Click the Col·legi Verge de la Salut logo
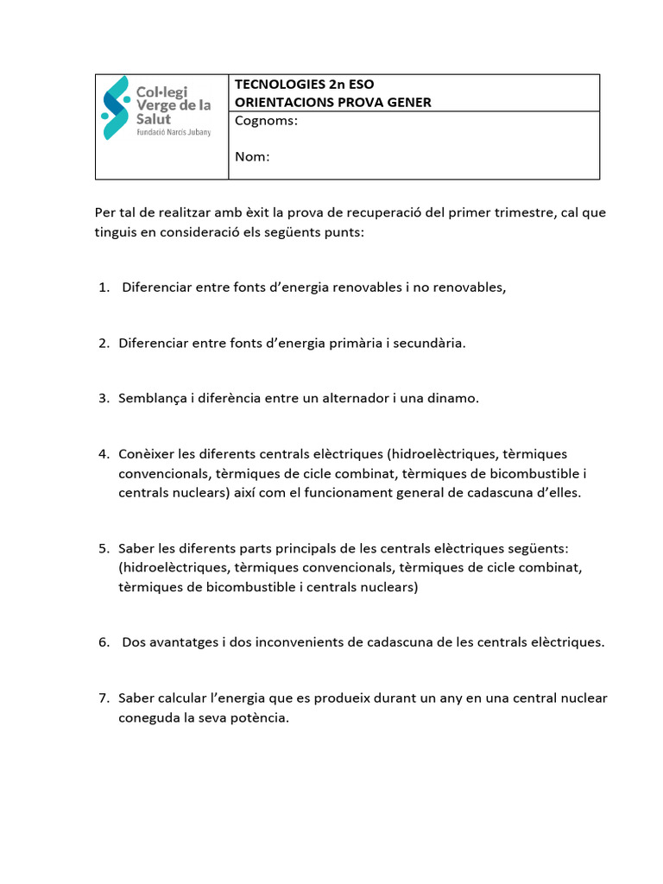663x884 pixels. click(156, 108)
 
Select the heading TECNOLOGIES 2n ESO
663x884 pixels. click(305, 85)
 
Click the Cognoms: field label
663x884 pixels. click(266, 121)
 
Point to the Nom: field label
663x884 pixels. click(252, 156)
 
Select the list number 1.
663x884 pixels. click(102, 287)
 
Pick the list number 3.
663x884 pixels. click(102, 398)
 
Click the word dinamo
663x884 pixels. click(451, 398)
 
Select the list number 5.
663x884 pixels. click(102, 548)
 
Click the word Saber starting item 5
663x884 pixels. click(136, 548)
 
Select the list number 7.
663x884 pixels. click(102, 698)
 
